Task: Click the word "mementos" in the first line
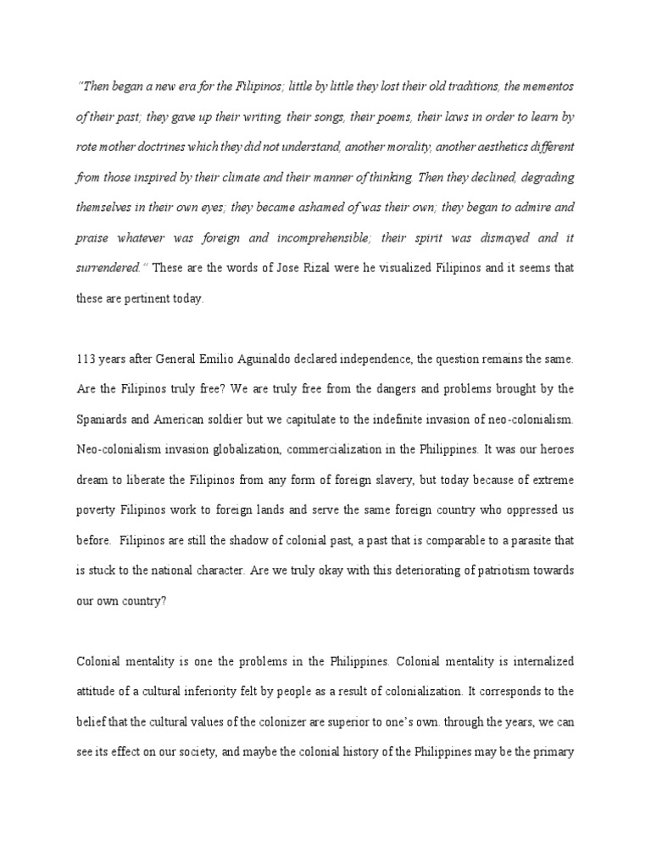pos(545,87)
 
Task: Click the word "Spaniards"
pos(104,420)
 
